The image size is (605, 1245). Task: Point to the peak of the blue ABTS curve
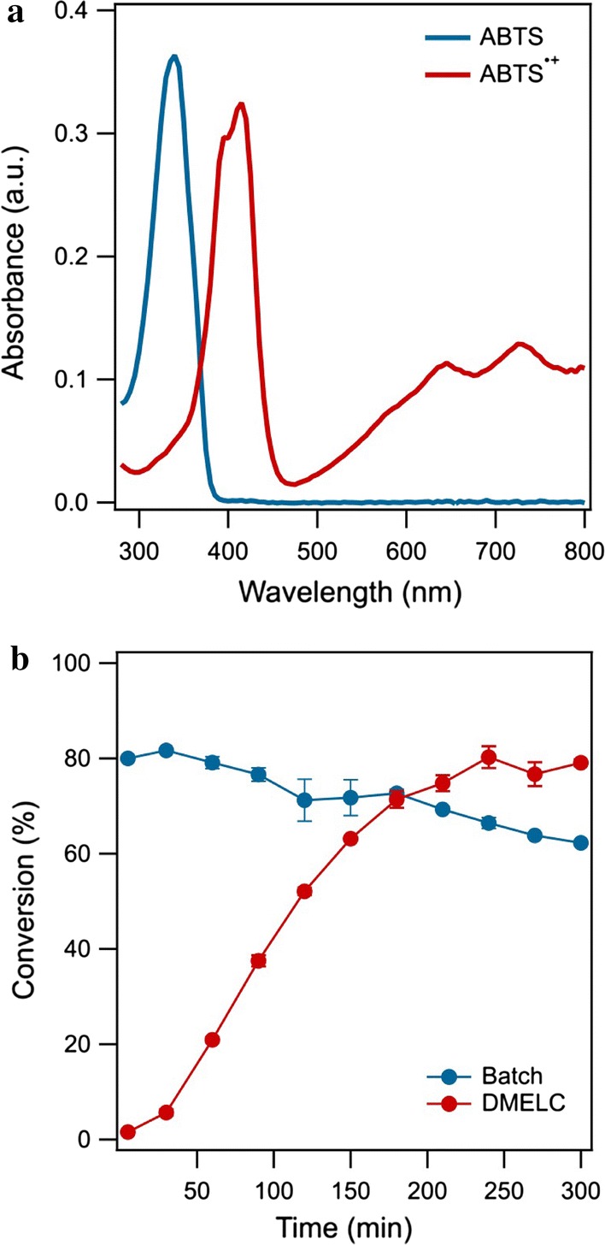click(173, 57)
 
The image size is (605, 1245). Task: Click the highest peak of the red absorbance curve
click(241, 105)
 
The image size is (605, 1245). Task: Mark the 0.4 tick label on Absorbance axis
click(76, 11)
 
